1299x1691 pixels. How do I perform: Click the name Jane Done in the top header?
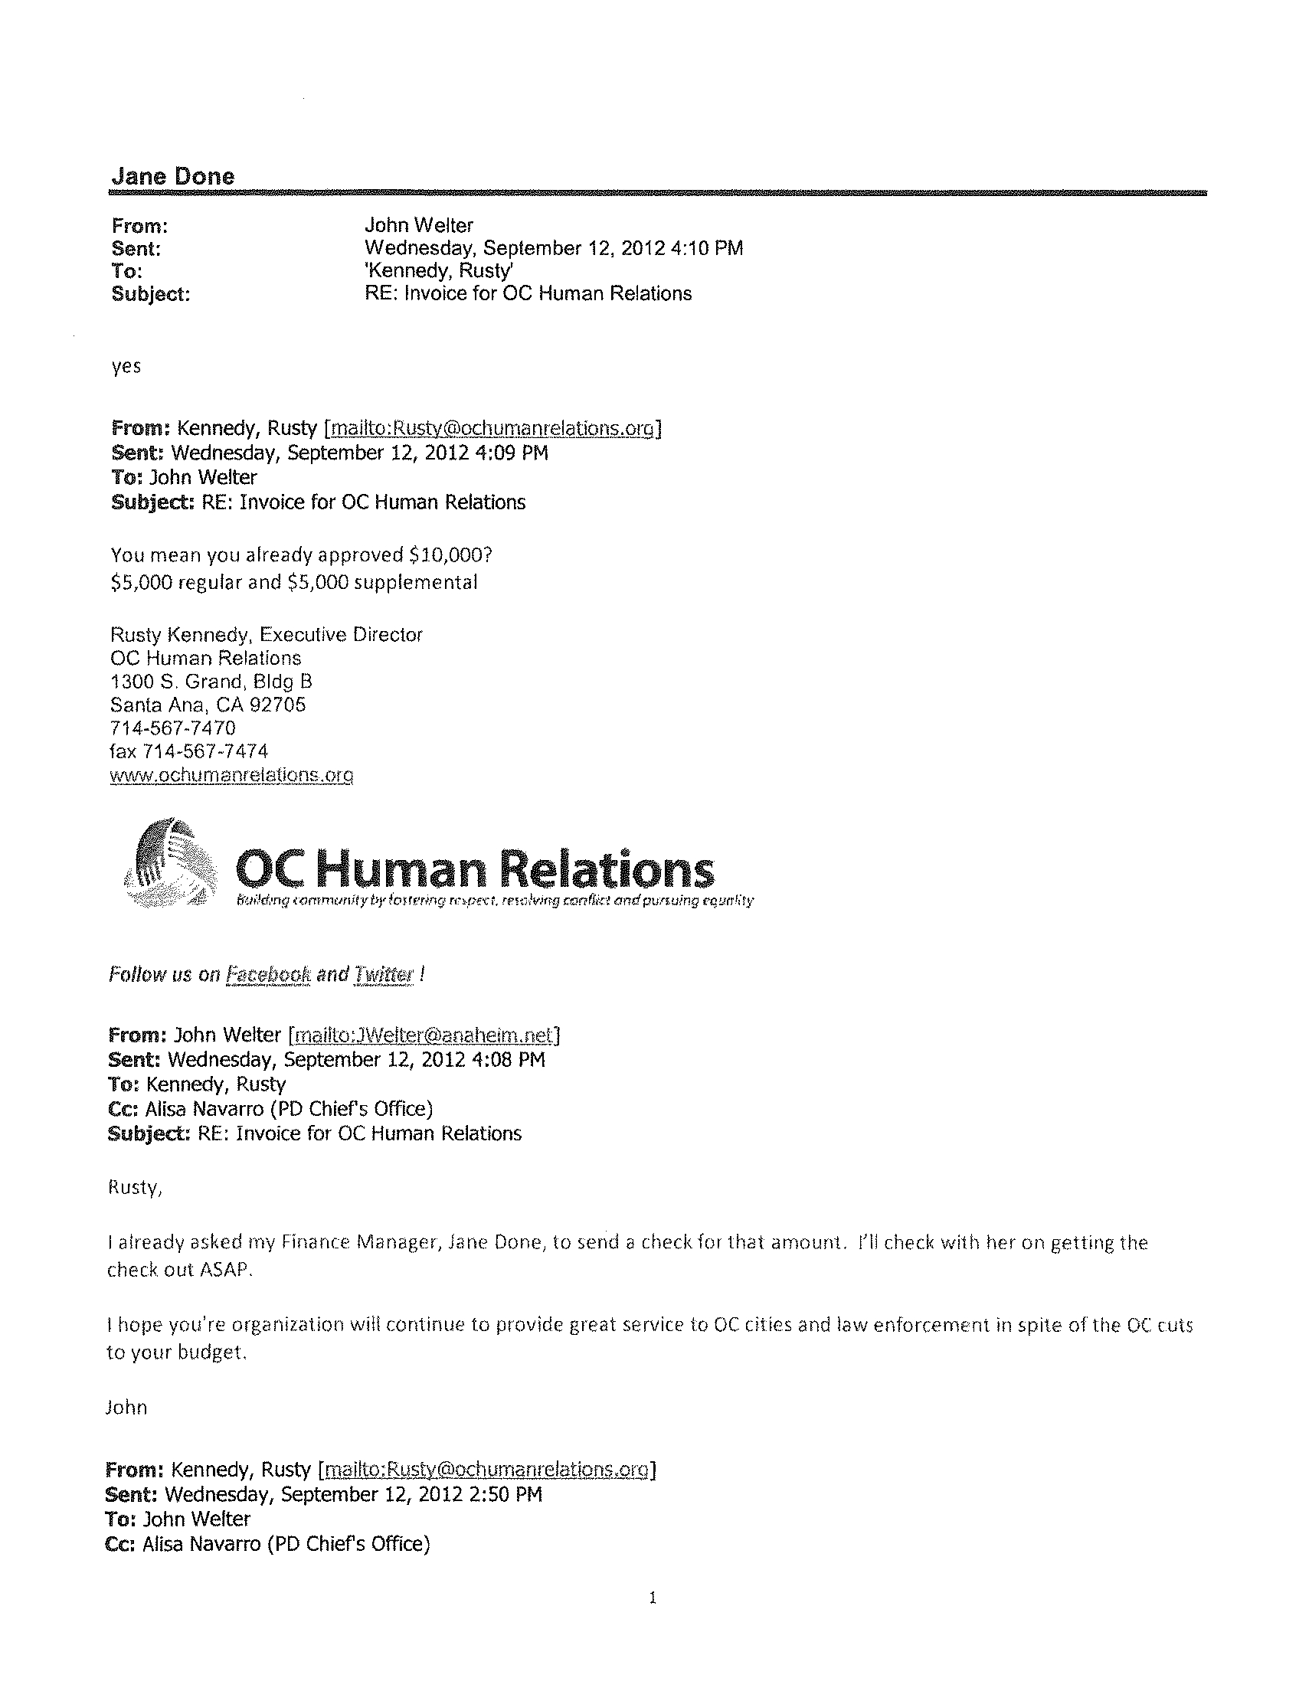172,176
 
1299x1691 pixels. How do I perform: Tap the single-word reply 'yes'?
126,366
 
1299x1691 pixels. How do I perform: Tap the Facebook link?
267,974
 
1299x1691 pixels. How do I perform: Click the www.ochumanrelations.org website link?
231,775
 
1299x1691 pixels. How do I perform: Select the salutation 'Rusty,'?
135,1188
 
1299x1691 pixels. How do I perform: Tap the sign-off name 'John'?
126,1407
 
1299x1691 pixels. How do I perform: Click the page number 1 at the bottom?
653,1598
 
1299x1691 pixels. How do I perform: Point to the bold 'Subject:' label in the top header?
151,295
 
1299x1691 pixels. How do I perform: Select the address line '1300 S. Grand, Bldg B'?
211,682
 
